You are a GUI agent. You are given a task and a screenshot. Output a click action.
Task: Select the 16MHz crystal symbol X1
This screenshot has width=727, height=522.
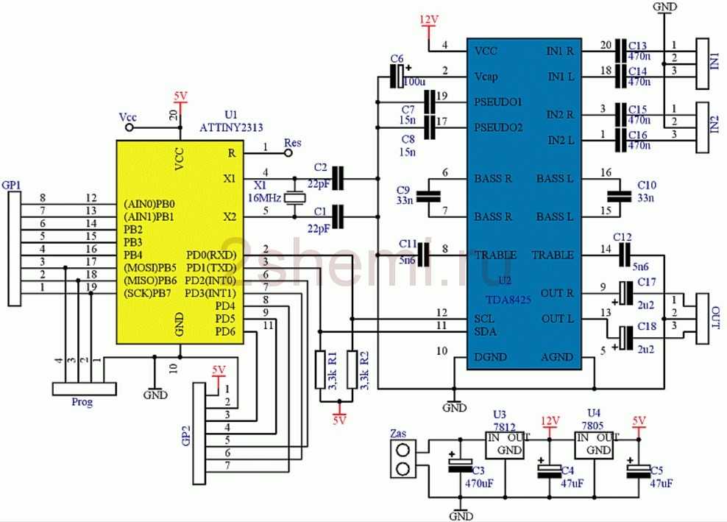(294, 197)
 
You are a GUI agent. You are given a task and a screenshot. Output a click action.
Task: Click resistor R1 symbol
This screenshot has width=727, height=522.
(322, 370)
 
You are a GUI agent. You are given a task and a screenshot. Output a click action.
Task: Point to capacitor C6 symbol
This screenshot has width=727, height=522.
(397, 74)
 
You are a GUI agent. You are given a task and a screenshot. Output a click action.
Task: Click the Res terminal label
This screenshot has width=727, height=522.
(292, 143)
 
